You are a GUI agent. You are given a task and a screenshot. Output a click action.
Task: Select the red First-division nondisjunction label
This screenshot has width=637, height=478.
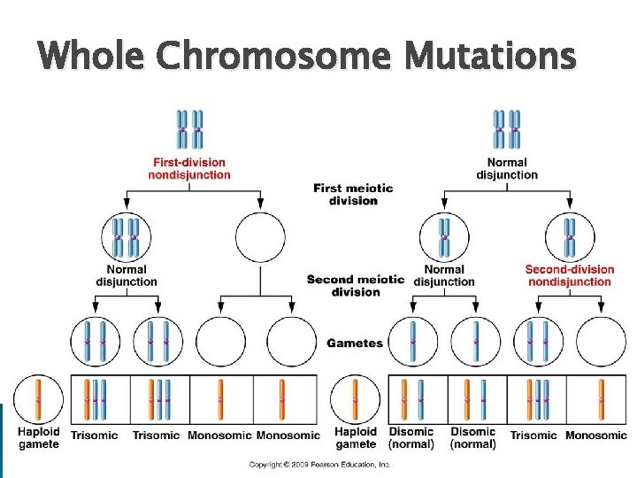pos(189,168)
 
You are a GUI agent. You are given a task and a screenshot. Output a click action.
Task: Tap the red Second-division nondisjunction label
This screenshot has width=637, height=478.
pos(569,275)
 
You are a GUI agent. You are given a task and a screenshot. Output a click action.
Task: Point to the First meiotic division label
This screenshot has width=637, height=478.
pos(345,194)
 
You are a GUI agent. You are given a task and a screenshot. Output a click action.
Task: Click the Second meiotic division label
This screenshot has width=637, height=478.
pos(356,285)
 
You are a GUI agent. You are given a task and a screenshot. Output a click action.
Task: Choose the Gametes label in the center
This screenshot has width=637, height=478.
pos(355,343)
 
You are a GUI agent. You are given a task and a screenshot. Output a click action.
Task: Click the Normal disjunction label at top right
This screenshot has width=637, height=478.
pos(507,168)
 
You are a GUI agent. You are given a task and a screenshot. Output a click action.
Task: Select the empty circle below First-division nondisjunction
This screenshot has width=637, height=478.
pos(260,237)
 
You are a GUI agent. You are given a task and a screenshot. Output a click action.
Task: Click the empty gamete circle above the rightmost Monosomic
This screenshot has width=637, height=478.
pos(602,341)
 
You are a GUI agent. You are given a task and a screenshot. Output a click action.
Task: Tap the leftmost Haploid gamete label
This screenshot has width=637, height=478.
pos(39,437)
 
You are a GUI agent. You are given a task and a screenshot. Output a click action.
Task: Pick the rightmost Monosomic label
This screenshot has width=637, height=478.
pos(595,435)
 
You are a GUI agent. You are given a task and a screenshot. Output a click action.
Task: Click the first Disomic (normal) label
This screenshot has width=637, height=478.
pos(411,437)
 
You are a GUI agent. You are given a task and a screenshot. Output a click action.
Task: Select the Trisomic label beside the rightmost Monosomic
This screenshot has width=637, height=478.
pos(533,435)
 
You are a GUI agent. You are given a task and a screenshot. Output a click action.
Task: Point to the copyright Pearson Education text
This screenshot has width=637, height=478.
pos(318,464)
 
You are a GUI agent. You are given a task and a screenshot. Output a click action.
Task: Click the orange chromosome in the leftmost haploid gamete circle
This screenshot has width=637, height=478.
pos(39,398)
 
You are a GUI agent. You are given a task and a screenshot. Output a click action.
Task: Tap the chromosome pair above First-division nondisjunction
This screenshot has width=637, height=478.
pos(189,130)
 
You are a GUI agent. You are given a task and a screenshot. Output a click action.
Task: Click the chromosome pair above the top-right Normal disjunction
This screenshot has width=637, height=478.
pos(507,130)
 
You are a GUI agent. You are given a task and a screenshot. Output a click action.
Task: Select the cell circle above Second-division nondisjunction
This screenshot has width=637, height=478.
pos(570,237)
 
